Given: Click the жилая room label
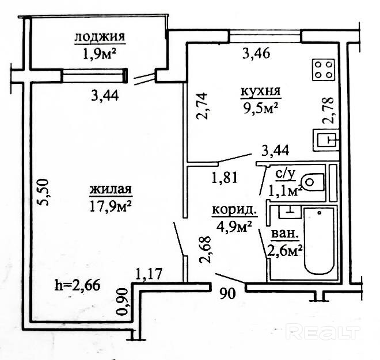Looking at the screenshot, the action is coord(112,190).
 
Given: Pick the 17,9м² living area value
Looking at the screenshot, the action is coord(112,205).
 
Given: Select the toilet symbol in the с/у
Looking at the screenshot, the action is coord(312,182).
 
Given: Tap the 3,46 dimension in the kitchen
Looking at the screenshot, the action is coord(257,55).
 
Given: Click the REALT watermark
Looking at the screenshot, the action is coord(322,332).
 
